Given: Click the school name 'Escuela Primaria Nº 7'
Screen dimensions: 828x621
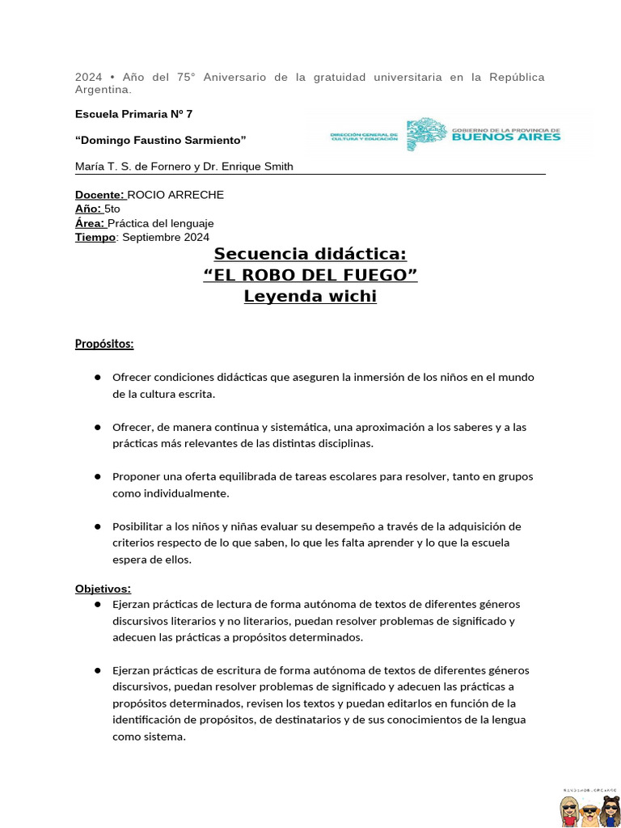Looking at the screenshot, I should pos(133,114).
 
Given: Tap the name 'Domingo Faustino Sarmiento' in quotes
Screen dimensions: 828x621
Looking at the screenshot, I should pos(160,141).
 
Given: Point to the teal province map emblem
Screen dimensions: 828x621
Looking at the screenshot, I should pos(425,134).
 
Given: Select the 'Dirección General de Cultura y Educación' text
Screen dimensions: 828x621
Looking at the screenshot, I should pos(364,137).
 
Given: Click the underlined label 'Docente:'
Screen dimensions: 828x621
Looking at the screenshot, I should pos(99,195).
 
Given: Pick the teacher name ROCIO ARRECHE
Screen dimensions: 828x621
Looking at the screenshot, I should pos(175,195).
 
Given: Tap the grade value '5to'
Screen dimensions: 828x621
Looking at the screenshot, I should pos(112,209).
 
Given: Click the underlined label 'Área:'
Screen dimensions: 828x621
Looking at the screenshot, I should pos(90,223).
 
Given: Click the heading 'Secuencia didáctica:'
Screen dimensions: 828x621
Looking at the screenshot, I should pos(310,255).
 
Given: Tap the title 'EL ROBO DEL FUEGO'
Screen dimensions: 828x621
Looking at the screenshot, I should pos(310,276).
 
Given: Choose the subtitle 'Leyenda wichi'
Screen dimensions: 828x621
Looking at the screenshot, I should pos(310,297).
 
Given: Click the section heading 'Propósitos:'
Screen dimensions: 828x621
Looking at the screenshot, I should pos(104,344).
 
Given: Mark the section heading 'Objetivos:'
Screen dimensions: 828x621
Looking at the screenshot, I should pos(103,589).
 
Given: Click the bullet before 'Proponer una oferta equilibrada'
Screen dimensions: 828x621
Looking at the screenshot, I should pos(97,476).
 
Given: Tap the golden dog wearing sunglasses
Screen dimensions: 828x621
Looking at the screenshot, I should pos(589,811).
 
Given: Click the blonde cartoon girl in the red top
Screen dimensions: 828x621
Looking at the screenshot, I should pos(569,810).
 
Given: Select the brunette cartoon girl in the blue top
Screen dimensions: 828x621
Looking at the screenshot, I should pos(608,810).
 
